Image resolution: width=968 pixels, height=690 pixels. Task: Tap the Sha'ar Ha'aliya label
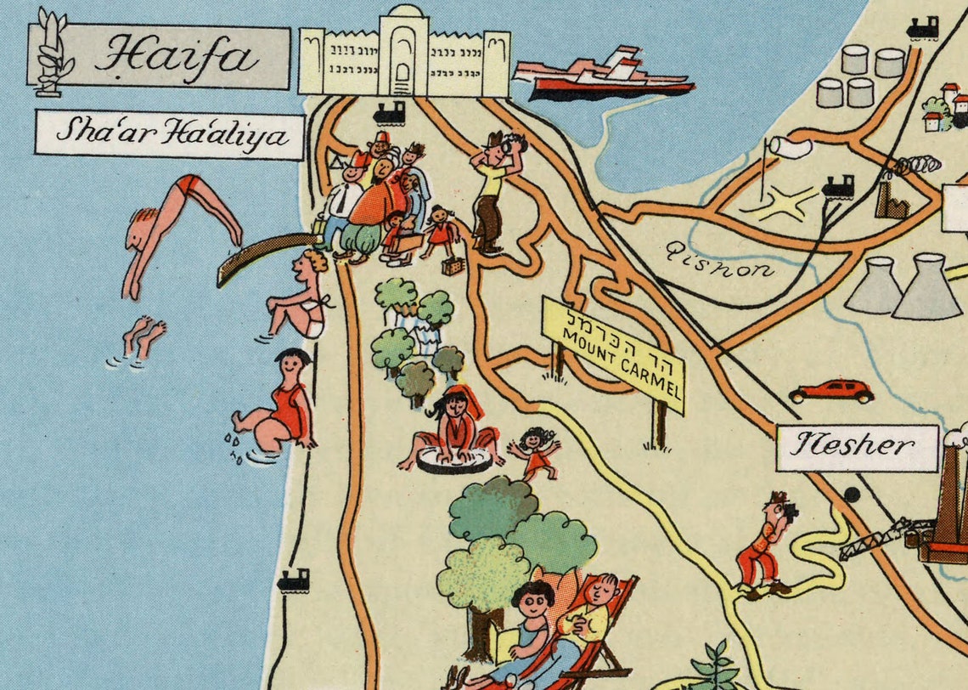click(169, 135)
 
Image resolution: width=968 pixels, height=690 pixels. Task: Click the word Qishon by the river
click(719, 259)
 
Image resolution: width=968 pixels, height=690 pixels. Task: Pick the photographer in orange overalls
click(764, 544)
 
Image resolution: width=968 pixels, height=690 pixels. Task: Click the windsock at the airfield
click(788, 148)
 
